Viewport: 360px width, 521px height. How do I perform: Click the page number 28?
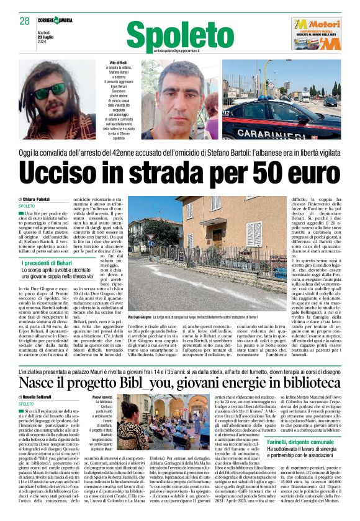tap(25, 21)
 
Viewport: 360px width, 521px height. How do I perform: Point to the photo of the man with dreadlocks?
tap(58, 100)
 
